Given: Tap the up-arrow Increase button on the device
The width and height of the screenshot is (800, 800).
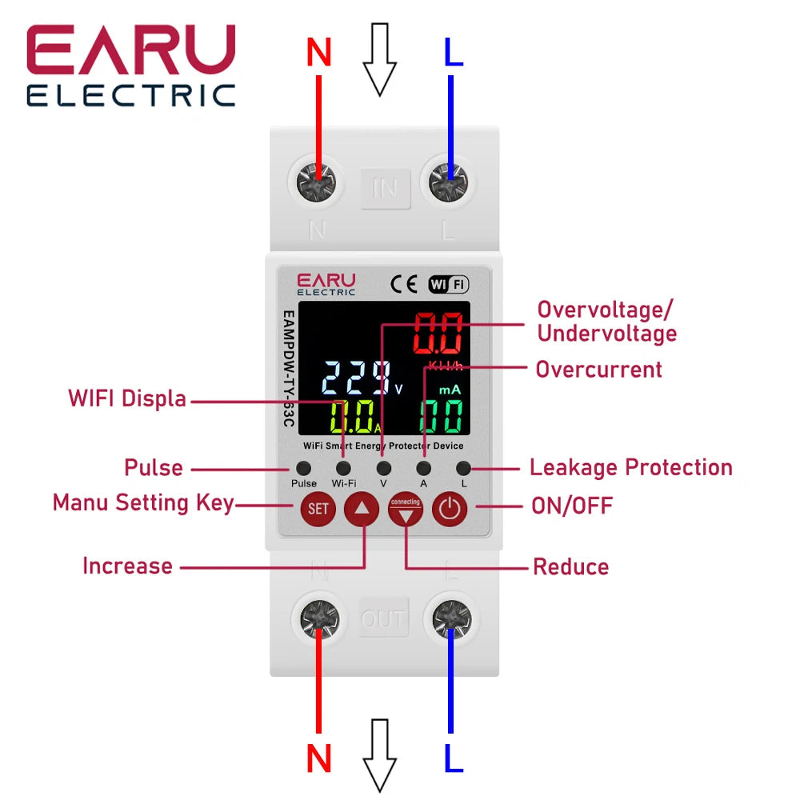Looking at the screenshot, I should coord(362,508).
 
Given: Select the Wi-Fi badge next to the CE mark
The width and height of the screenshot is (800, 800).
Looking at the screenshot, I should coord(448,284).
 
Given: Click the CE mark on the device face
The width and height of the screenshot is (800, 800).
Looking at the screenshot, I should coord(403,284).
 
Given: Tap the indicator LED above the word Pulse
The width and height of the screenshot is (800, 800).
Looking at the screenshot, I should coord(303,468).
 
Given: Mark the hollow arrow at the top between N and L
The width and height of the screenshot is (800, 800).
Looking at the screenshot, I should coord(380,58).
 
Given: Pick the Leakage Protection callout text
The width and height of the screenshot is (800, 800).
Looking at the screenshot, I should coord(631,467).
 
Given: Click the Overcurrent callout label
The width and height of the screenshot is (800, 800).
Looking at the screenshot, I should coord(598,370).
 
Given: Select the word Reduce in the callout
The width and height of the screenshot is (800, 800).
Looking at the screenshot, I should coord(570,567).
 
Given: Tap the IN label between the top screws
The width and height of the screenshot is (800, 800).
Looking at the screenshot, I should coord(385,189).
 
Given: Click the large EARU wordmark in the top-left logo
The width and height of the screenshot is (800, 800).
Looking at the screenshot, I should coord(131,50).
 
